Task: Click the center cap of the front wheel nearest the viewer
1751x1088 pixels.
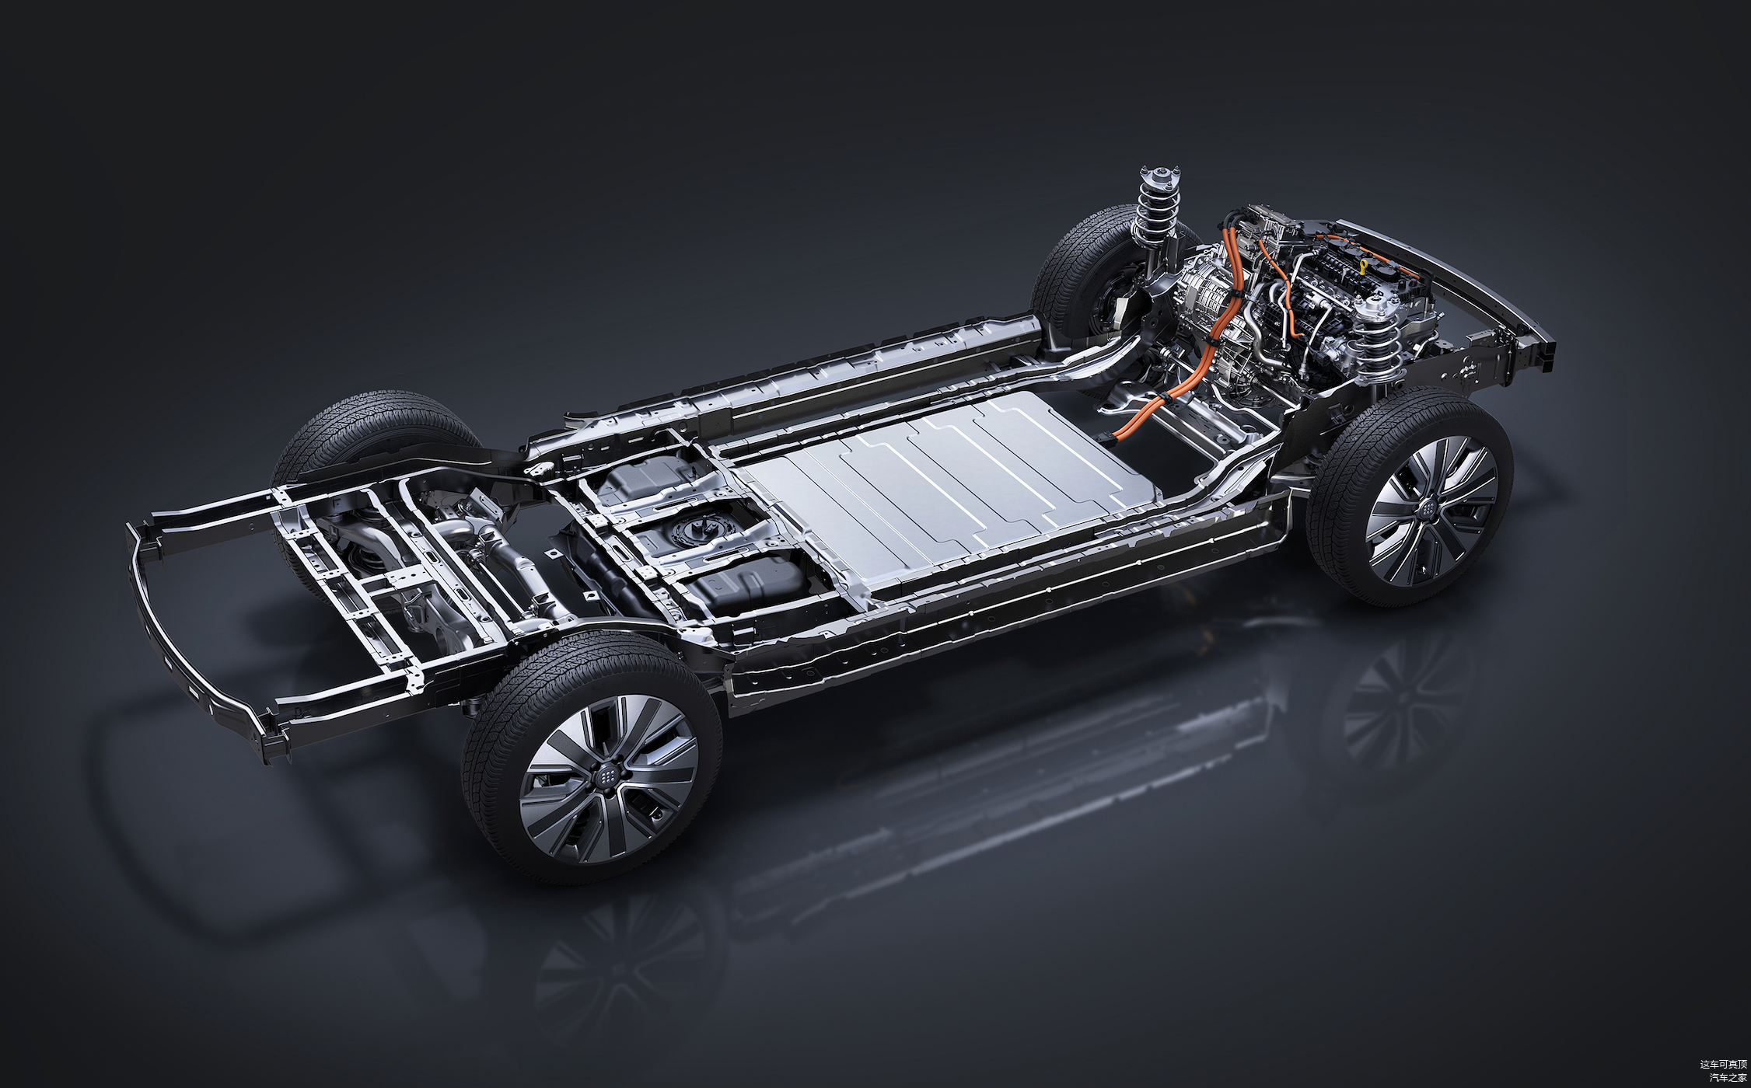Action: (1429, 505)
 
